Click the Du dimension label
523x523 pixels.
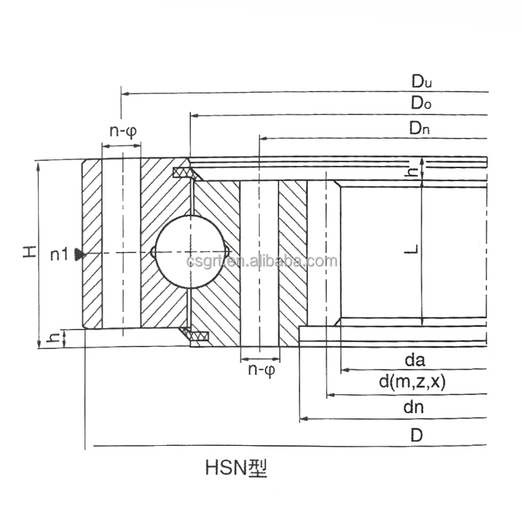[x=422, y=82]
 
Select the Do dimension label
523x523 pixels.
[x=420, y=103]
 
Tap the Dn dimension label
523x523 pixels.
[x=420, y=129]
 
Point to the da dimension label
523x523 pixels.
[x=415, y=360]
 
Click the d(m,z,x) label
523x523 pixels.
[x=413, y=382]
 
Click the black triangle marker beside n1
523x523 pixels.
[x=80, y=254]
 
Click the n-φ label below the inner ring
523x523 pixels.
[x=260, y=370]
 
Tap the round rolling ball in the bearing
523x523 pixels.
[x=189, y=252]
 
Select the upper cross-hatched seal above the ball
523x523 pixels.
[x=186, y=173]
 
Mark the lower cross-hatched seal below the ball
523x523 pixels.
[x=197, y=336]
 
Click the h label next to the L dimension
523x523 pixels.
[x=411, y=171]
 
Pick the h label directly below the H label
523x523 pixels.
[x=55, y=337]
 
